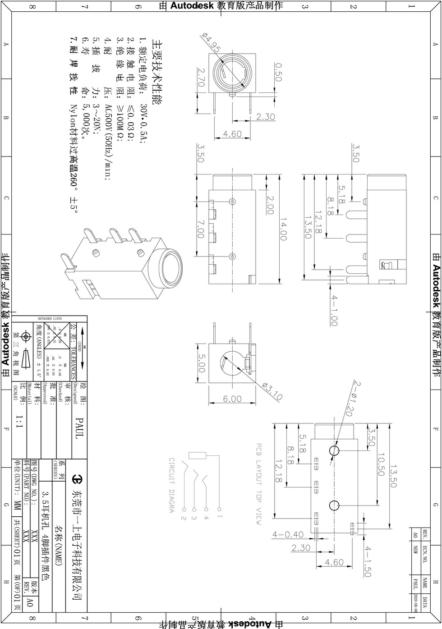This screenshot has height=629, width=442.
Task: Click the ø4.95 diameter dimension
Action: pos(212,43)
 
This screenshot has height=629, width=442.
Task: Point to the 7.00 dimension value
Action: pos(201,229)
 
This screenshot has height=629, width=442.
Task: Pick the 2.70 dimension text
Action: pos(201,77)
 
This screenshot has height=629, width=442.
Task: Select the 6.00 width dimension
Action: pos(232,399)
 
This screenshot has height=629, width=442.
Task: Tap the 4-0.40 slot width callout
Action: pos(288,535)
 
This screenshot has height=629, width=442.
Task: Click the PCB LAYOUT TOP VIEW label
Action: pos(259,484)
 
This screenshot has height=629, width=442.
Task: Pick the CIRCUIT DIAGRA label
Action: pos(171,485)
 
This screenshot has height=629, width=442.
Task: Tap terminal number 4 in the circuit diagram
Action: pos(206,518)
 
